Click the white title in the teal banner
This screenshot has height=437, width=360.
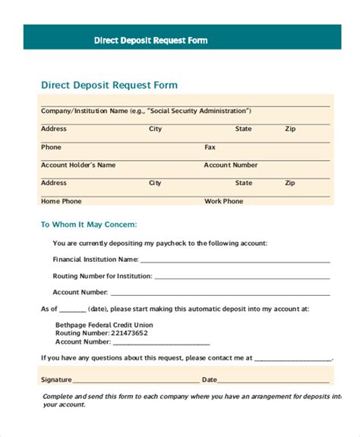point(150,40)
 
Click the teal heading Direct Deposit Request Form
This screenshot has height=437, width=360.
point(109,85)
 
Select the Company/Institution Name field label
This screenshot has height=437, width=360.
point(84,111)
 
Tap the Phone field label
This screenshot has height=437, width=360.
point(51,147)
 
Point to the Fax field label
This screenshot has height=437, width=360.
point(210,147)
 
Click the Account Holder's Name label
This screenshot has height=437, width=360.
point(78,165)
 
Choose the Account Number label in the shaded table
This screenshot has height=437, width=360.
point(231,165)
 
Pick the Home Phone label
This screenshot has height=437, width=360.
point(61,201)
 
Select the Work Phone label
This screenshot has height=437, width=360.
point(224,201)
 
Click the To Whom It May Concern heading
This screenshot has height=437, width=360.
point(88,225)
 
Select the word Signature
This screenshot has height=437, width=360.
point(56,379)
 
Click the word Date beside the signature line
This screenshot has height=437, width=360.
point(210,379)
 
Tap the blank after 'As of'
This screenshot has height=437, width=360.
point(72,310)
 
